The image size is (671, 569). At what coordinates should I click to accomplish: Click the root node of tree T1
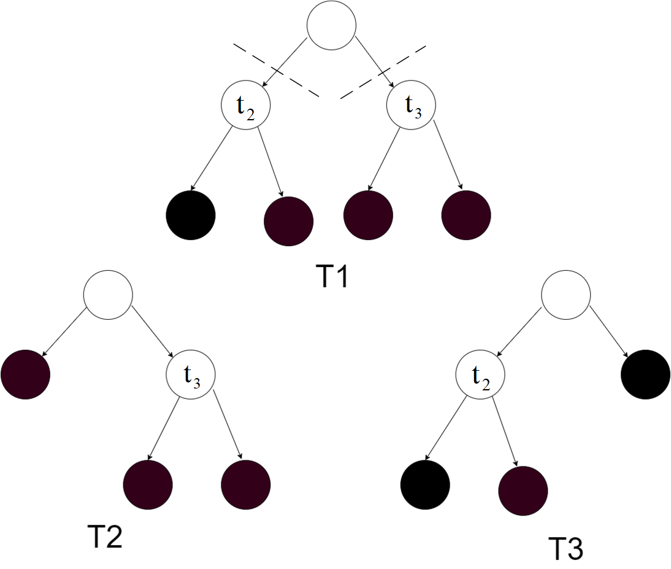332,25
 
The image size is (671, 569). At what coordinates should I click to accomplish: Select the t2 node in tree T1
245,105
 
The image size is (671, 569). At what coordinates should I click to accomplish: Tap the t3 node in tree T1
411,105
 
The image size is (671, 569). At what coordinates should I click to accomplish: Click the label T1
332,276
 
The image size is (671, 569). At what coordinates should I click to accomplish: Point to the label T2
105,536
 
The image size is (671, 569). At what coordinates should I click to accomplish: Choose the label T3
566,548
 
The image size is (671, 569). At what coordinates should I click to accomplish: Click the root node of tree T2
108,295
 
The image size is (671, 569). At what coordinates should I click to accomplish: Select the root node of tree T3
566,295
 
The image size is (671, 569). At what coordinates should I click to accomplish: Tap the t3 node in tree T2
190,374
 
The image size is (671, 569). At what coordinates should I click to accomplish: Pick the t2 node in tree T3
480,374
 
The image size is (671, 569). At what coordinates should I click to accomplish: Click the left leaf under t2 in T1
190,215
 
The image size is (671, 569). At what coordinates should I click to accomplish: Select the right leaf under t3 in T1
466,215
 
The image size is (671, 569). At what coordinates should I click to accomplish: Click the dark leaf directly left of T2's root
26,374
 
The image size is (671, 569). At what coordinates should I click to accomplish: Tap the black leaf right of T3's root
645,374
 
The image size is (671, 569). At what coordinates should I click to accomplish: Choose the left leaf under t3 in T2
148,485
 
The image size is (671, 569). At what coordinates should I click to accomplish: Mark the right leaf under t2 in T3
523,491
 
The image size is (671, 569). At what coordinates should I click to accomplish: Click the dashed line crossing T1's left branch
276,70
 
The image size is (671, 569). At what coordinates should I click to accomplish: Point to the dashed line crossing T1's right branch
383,72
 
